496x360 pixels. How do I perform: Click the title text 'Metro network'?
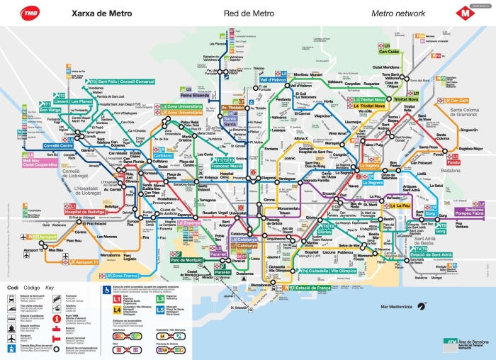398,13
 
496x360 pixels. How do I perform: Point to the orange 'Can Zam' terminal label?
458,101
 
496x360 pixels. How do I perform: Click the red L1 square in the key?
118,300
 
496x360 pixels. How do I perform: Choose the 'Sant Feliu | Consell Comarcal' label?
123,81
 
